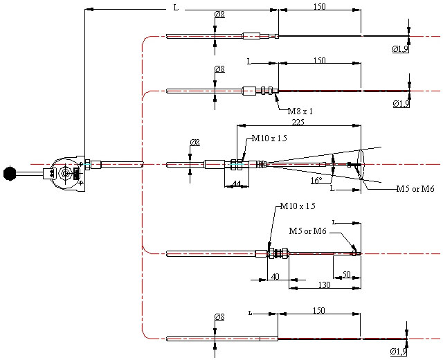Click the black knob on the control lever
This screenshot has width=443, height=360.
pos(10,172)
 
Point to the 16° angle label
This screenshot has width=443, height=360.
pos(316,180)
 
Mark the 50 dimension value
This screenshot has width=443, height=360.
pos(346,274)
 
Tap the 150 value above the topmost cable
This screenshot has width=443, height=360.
pos(319,6)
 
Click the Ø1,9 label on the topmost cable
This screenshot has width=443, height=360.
pos(401,48)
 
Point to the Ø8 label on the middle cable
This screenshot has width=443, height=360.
pos(195,143)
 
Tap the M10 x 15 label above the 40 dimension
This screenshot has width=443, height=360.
pos(298,206)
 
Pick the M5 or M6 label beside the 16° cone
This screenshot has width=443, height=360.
pos(415,188)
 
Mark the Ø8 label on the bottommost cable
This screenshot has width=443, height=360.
pos(220,316)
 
